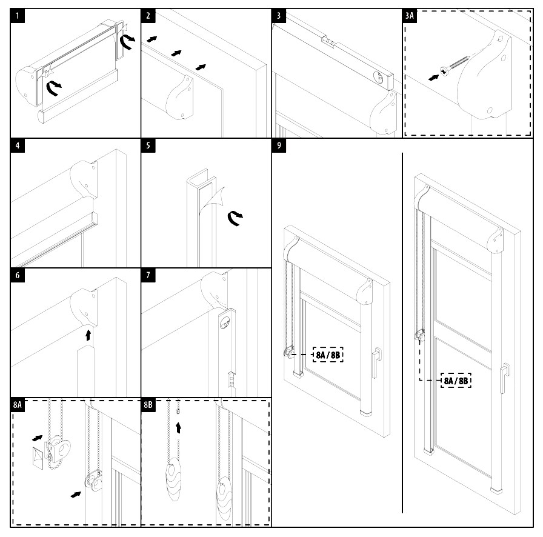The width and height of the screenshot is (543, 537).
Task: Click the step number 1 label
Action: click(20, 16)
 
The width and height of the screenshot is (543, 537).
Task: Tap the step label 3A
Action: click(410, 16)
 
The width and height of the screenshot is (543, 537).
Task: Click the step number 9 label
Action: click(280, 146)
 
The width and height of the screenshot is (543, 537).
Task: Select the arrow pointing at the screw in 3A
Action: click(434, 77)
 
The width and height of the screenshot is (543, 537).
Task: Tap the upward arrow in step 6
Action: click(88, 335)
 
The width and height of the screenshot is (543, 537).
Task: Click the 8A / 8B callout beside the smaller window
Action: click(328, 354)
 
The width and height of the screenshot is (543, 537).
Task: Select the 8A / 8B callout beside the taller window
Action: click(456, 381)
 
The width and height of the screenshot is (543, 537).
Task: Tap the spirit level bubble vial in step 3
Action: click(378, 77)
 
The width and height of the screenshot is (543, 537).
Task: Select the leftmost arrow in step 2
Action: click(152, 40)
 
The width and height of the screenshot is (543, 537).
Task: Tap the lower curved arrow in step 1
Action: click(54, 89)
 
